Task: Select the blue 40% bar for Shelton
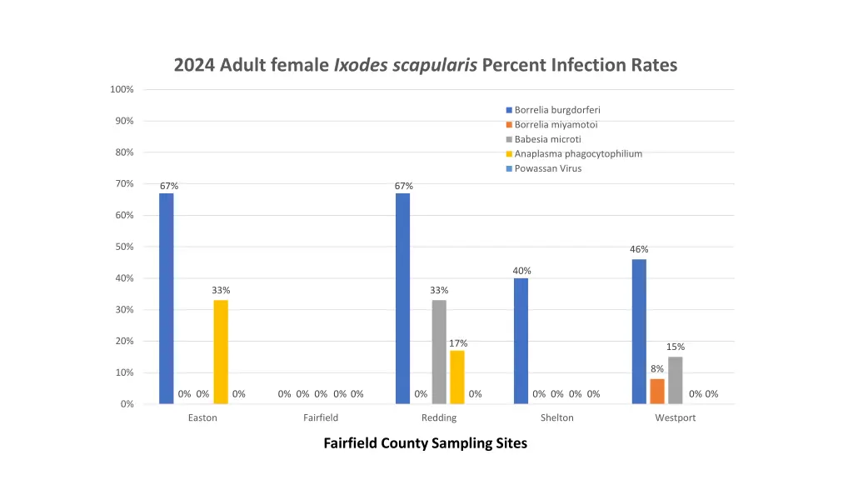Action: tap(521, 341)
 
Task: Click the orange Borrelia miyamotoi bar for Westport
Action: tap(657, 391)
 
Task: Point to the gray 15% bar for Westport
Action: tap(676, 380)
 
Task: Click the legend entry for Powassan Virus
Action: tap(548, 168)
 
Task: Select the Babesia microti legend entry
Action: tap(547, 139)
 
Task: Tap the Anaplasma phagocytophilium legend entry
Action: tap(578, 153)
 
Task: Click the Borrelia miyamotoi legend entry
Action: tap(556, 124)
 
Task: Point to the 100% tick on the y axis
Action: tap(122, 89)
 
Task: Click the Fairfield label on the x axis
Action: tap(321, 417)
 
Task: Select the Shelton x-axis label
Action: tap(556, 417)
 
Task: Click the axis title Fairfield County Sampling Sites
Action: tap(425, 443)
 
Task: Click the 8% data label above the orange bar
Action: tap(657, 369)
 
